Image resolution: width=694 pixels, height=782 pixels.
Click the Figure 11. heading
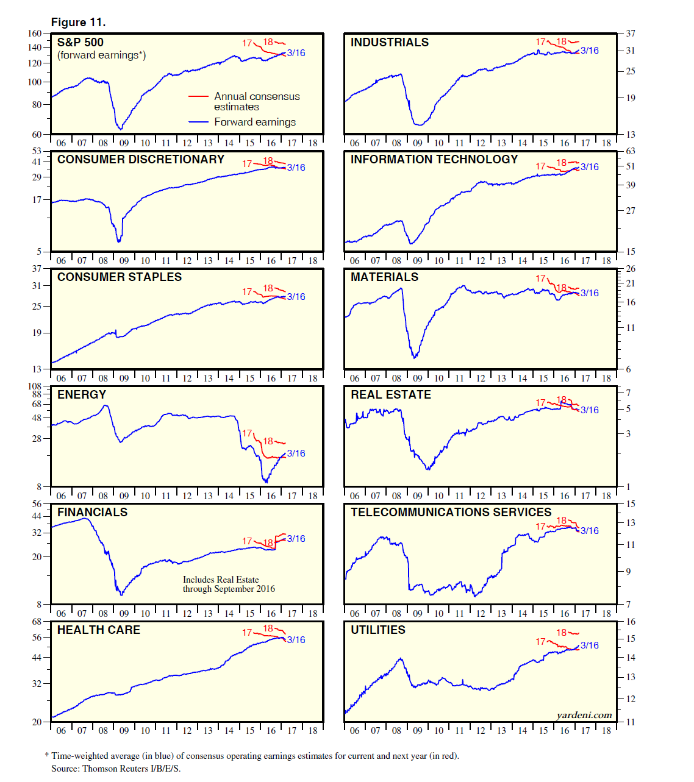point(78,23)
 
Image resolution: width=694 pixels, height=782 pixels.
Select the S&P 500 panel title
point(80,42)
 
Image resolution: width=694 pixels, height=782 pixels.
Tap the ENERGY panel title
point(82,394)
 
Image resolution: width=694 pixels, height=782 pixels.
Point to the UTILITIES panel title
point(377,630)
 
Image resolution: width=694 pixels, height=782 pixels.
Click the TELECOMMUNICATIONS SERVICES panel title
point(451,512)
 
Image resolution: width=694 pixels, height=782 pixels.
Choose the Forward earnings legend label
point(255,122)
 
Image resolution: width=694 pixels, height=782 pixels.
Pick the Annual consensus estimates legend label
point(257,101)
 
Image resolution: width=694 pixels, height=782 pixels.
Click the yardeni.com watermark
point(584,715)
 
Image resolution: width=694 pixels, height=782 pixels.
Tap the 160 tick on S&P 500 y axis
point(35,34)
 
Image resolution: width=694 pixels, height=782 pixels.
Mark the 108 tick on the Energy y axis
point(35,386)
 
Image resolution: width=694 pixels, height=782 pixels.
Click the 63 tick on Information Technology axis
point(631,151)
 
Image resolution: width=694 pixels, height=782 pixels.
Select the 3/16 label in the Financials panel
point(296,538)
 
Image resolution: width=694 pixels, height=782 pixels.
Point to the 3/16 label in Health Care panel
point(296,639)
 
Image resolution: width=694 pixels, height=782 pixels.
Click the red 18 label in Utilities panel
point(561,633)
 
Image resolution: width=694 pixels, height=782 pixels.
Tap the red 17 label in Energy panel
point(247,433)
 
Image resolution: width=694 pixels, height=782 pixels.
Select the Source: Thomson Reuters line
point(116,768)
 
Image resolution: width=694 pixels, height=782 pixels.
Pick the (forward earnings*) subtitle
point(101,55)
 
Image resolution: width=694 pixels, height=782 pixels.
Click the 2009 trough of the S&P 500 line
point(121,129)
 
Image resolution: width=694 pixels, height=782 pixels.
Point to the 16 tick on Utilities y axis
point(631,622)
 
